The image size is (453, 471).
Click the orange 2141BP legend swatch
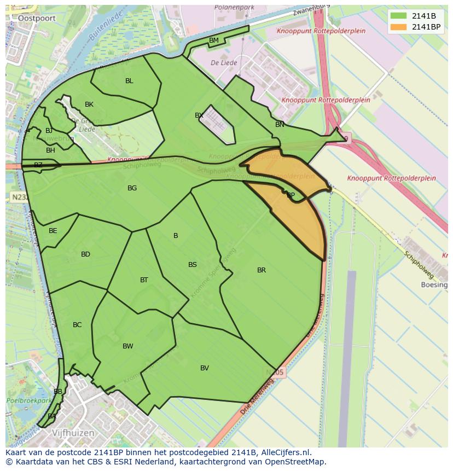[x=398, y=27]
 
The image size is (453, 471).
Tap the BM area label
[x=214, y=40]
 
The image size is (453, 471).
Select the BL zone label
[x=129, y=81]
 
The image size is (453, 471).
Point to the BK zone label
[x=89, y=104]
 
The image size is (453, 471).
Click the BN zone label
[x=280, y=125]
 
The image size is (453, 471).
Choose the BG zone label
[x=132, y=188]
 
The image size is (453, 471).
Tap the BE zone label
[x=53, y=231]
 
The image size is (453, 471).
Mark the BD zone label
[x=85, y=254]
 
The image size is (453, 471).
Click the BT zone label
[x=144, y=280]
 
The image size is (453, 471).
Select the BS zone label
[x=193, y=265]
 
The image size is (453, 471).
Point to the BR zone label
[x=262, y=270]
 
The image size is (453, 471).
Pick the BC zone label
[x=77, y=325]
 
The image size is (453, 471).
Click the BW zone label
[x=128, y=346]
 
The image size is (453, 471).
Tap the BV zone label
[x=205, y=368]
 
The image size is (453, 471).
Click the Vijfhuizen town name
[x=73, y=433]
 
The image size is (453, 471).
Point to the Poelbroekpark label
[x=28, y=400]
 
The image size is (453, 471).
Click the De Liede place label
[x=224, y=63]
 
